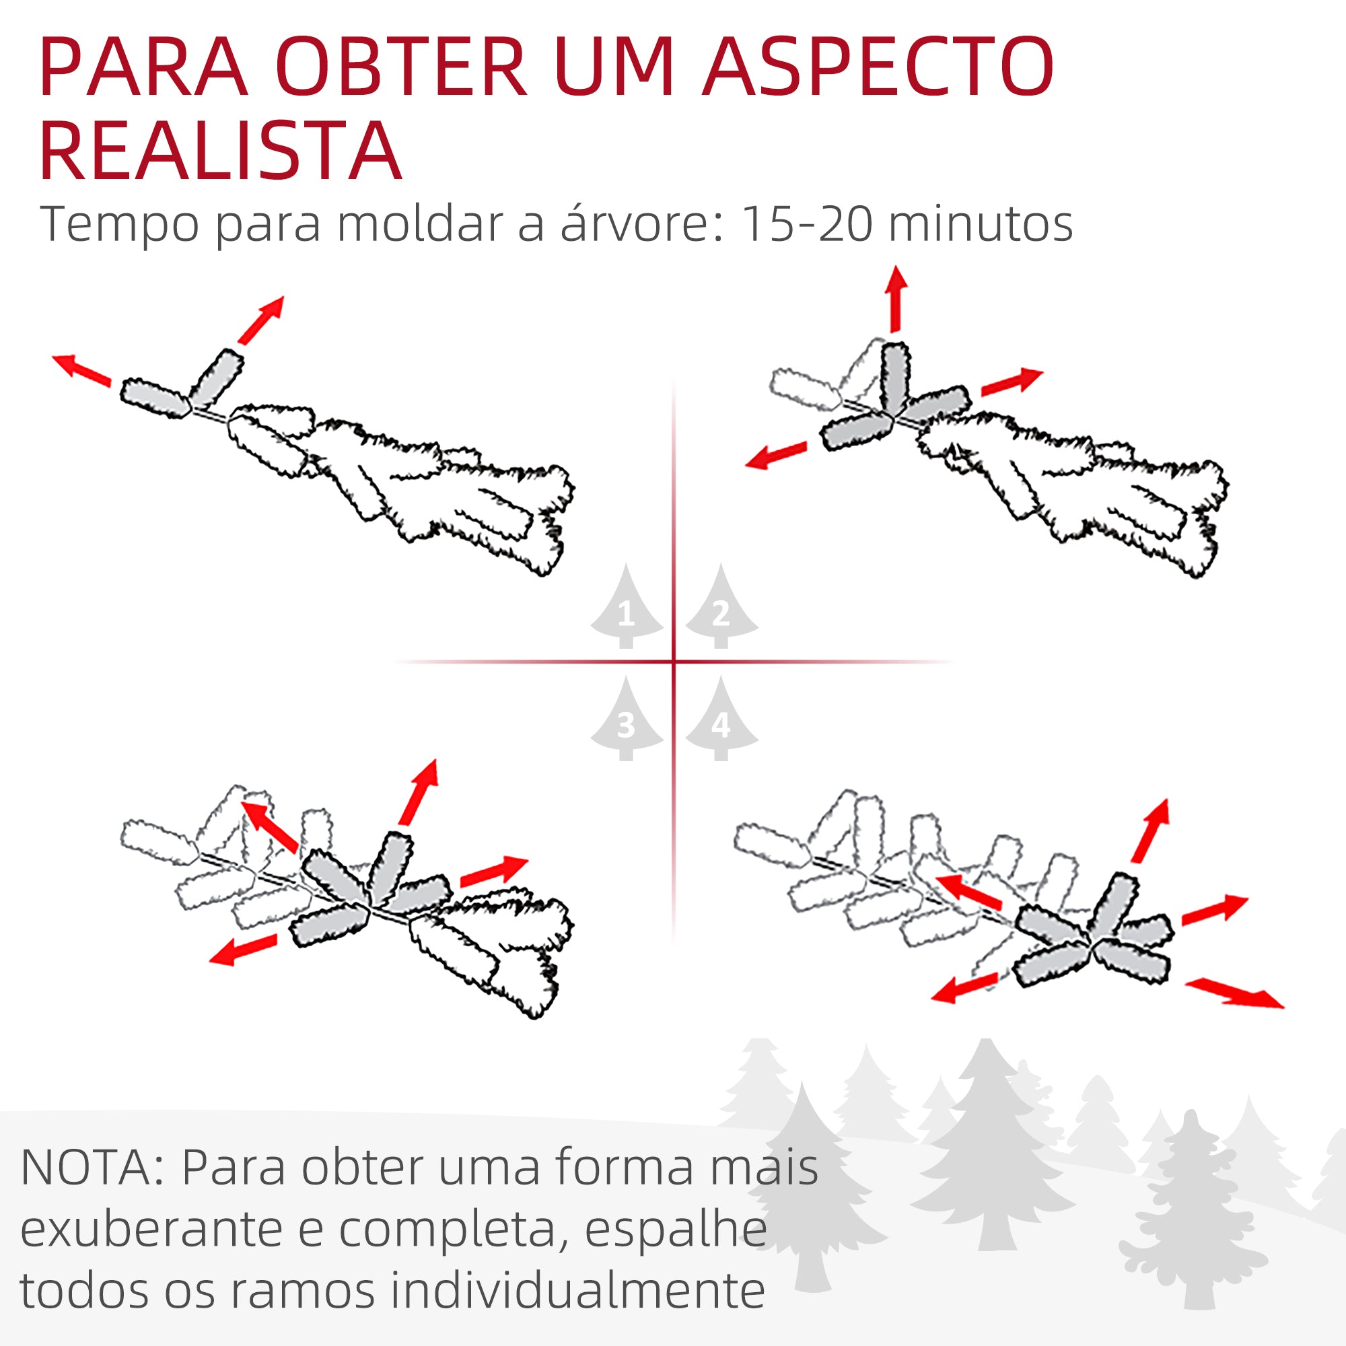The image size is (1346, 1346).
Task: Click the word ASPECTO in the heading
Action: click(878, 67)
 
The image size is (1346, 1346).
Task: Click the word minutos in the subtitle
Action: click(981, 224)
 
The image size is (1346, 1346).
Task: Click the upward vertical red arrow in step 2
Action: click(896, 298)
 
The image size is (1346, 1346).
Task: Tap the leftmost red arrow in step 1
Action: click(81, 369)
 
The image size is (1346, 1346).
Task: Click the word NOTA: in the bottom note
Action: click(92, 1167)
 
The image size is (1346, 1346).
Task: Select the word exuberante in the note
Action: click(151, 1230)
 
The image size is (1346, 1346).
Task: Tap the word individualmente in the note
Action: click(577, 1291)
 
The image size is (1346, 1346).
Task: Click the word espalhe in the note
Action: click(675, 1230)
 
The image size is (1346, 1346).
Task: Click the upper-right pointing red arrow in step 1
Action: click(261, 320)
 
